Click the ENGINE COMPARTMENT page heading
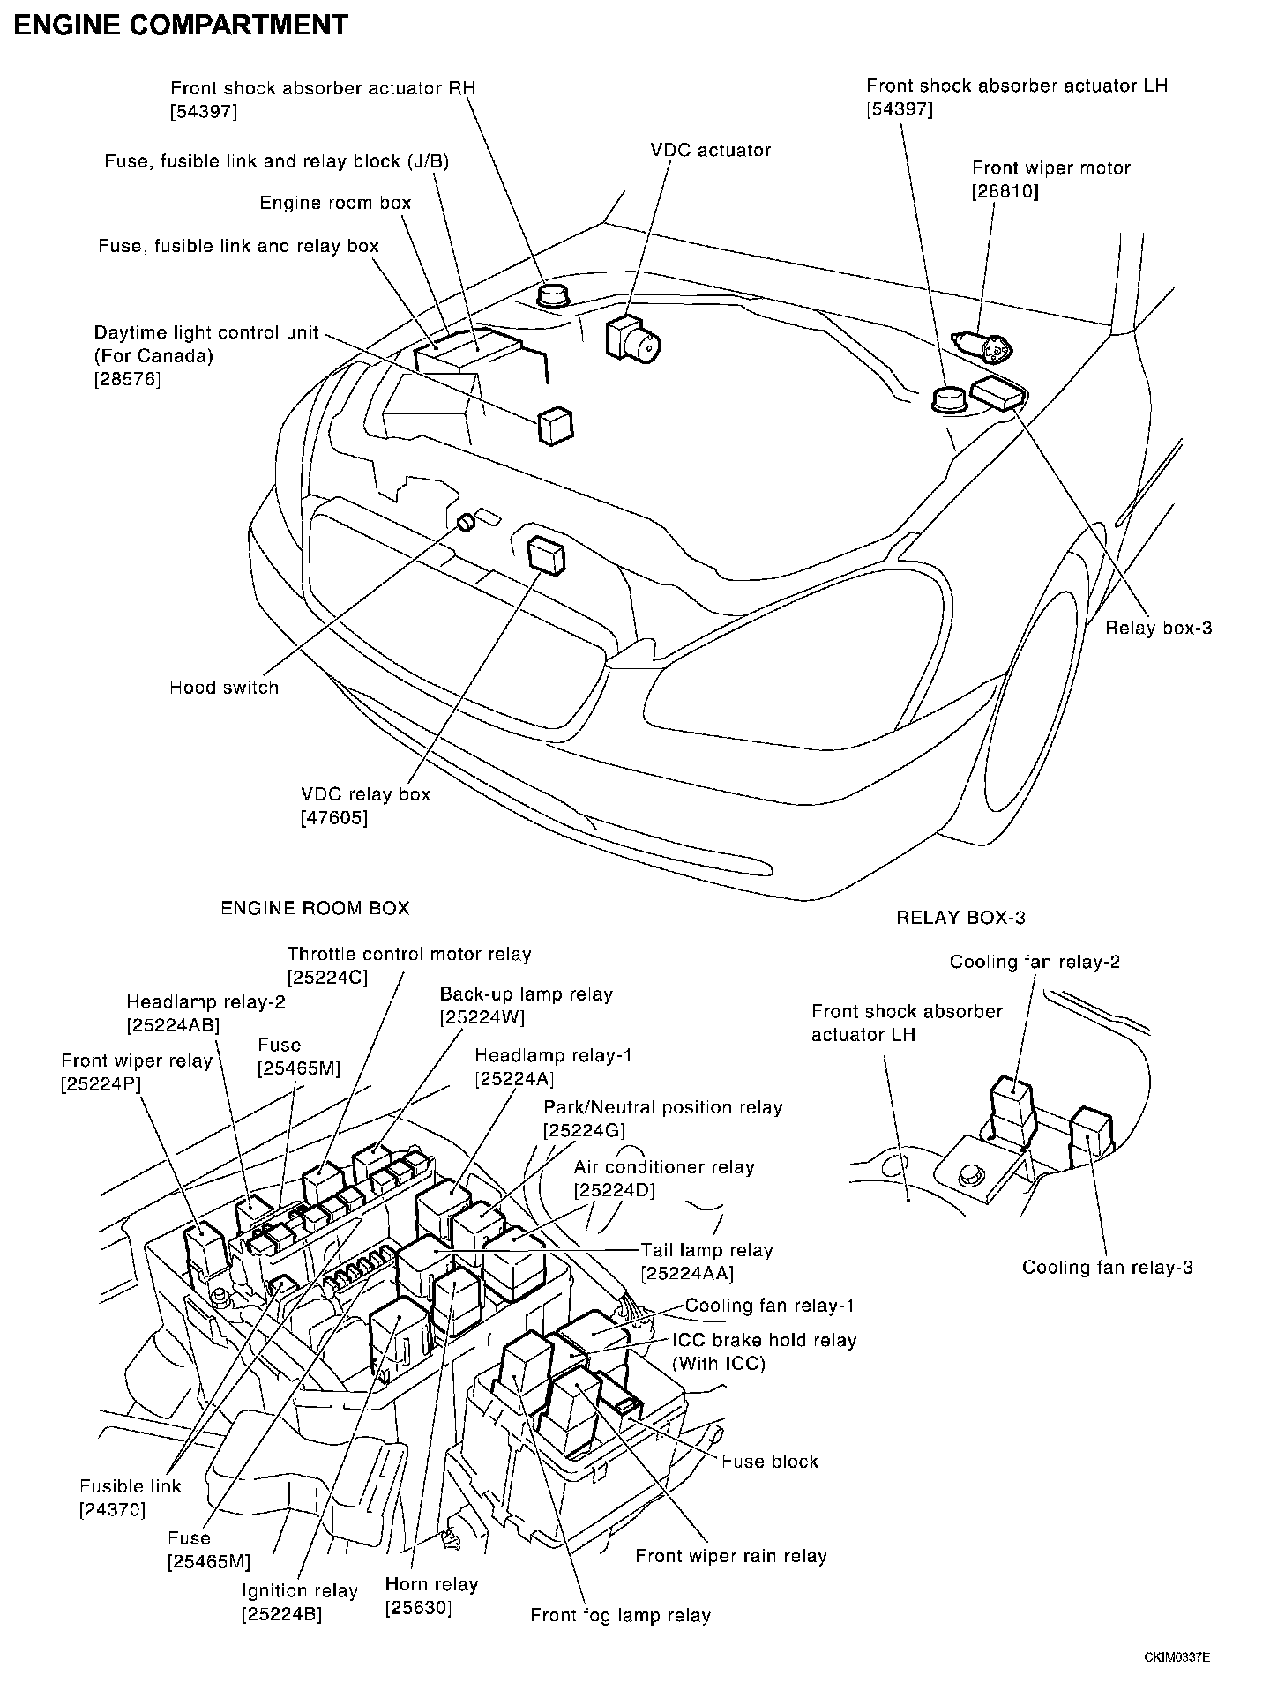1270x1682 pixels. pos(181,25)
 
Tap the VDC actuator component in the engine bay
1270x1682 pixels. pos(632,339)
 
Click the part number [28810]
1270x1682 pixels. pos(1005,190)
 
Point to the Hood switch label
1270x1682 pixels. pos(224,688)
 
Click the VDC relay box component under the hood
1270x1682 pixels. pos(546,556)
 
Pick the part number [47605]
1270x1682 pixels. pos(334,817)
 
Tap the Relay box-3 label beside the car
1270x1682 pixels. pos(1159,628)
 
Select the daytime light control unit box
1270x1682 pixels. pos(555,426)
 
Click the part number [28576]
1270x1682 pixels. pos(128,379)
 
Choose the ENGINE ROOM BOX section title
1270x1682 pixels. pos(315,908)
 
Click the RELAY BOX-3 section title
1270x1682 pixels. pos(960,918)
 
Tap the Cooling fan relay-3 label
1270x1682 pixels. pos(1107,1268)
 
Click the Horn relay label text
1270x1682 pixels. pos(431,1584)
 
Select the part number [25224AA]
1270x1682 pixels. pos(688,1273)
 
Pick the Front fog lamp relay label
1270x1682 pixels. pos(620,1615)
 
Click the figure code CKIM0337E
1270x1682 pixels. pos(1177,1657)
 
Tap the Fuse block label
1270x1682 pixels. pos(769,1462)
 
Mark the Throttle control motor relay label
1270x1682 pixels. pos(409,954)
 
